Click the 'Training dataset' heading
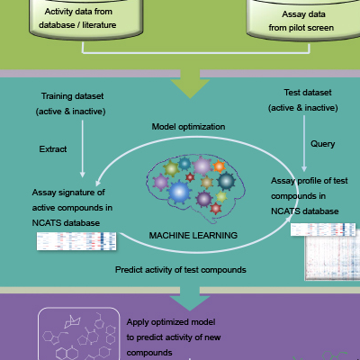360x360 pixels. click(71, 94)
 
